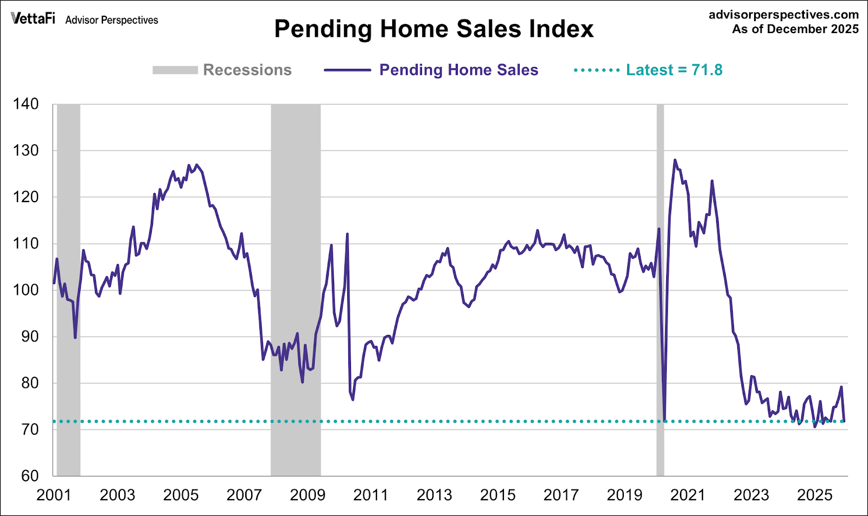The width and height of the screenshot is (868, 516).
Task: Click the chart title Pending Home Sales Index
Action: click(x=433, y=29)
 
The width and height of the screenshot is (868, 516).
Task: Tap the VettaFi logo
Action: click(x=33, y=18)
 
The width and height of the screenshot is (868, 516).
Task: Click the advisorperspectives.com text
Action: click(x=783, y=15)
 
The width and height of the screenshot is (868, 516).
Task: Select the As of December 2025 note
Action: click(x=795, y=29)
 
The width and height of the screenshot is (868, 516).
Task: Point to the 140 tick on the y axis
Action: click(x=26, y=104)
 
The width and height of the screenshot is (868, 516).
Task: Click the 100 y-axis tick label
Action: click(x=26, y=290)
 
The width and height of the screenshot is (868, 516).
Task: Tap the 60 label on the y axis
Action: click(x=30, y=476)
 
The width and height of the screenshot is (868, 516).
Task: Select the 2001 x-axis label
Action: click(x=54, y=495)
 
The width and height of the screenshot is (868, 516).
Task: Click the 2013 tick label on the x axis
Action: click(x=434, y=495)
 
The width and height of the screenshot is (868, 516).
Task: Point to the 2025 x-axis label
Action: click(x=814, y=495)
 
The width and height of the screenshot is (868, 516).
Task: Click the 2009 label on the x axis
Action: click(x=308, y=495)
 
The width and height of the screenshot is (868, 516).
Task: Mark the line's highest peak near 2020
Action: click(x=675, y=160)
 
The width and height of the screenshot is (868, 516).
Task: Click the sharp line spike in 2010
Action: click(x=347, y=234)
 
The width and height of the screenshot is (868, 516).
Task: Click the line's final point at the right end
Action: click(x=844, y=421)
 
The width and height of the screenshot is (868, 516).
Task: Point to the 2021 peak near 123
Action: click(x=712, y=181)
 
